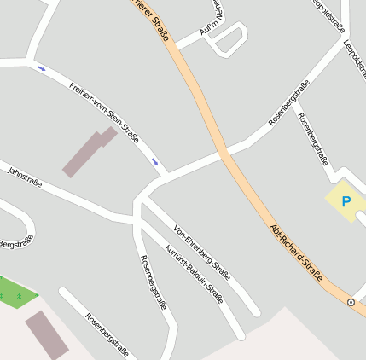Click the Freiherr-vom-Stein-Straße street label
pyautogui.click(x=105, y=111)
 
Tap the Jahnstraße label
pyautogui.click(x=24, y=177)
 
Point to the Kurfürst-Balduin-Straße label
pyautogui.click(x=195, y=275)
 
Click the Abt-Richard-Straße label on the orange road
pyautogui.click(x=297, y=253)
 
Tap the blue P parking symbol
pyautogui.click(x=346, y=202)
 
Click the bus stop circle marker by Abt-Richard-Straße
pyautogui.click(x=351, y=302)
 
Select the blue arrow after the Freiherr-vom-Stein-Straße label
pyautogui.click(x=154, y=160)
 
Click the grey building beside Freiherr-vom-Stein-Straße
pyautogui.click(x=88, y=151)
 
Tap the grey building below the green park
pyautogui.click(x=47, y=334)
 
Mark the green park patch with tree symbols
pyautogui.click(x=15, y=295)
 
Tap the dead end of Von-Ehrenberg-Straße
pyautogui.click(x=254, y=311)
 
